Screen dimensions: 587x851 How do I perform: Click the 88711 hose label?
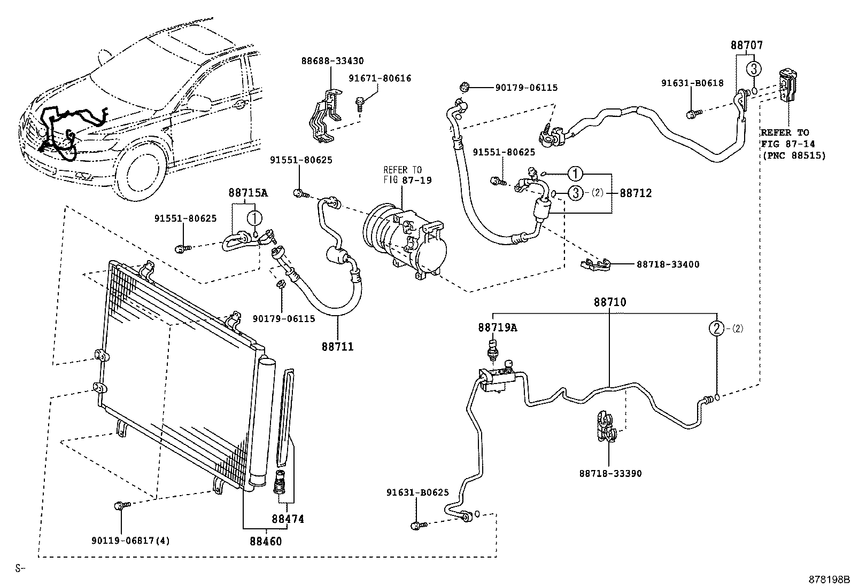(x=337, y=347)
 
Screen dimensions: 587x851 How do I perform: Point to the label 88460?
(x=265, y=541)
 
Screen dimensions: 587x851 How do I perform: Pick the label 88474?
(x=288, y=519)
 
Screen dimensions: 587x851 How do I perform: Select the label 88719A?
(x=497, y=327)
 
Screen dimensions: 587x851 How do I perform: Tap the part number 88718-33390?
(x=610, y=473)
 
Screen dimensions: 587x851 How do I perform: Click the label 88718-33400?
(x=668, y=264)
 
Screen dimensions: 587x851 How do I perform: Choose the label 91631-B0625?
(x=417, y=493)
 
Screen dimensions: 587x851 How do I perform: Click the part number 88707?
(x=747, y=46)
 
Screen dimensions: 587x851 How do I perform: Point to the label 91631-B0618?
(x=692, y=83)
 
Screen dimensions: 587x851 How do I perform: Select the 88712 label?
(x=636, y=193)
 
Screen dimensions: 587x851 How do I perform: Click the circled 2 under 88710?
(x=716, y=328)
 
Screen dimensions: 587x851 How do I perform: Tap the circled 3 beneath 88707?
(x=753, y=68)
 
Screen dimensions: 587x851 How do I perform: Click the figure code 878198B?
(x=828, y=580)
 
